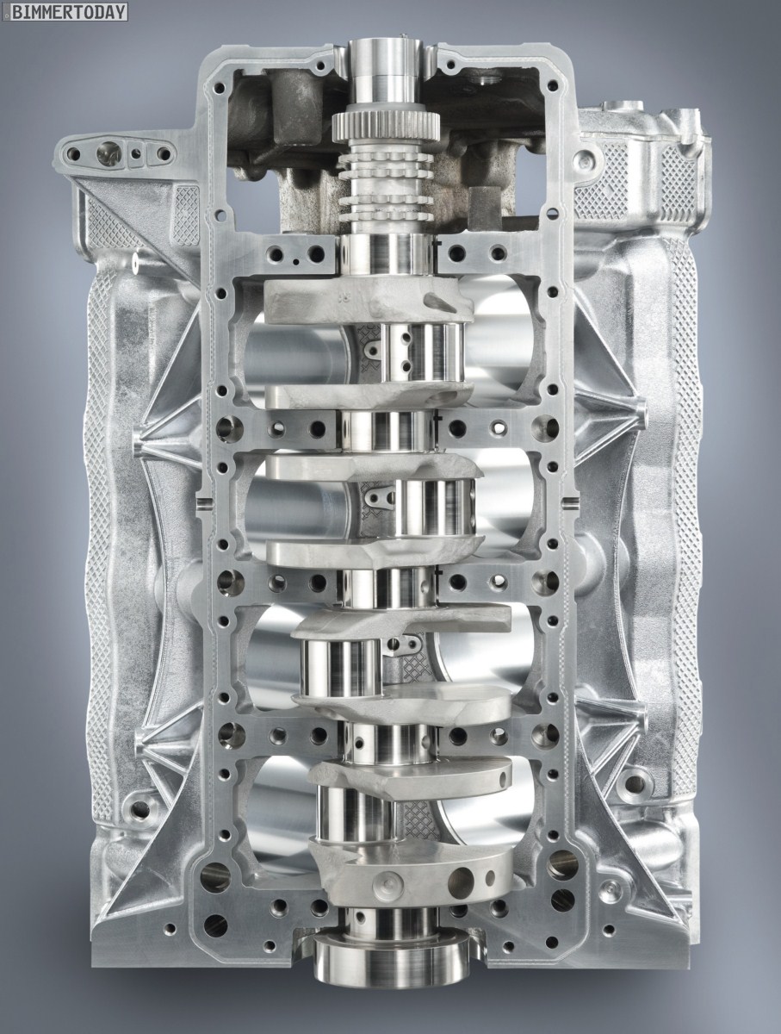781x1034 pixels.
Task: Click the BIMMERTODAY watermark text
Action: click(69, 12)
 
